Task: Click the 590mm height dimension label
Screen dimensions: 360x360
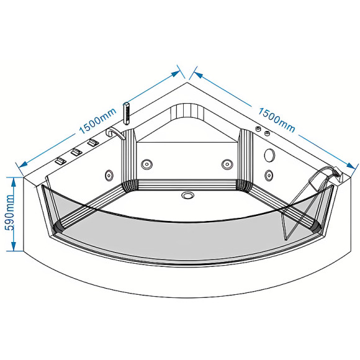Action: (11, 212)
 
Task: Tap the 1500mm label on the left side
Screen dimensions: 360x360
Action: (97, 121)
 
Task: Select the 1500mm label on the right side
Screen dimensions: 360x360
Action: (276, 120)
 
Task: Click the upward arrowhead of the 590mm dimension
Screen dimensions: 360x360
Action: (14, 182)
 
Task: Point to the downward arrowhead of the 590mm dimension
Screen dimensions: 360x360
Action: (14, 245)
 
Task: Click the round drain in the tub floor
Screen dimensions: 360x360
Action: (187, 196)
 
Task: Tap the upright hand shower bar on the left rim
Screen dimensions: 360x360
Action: (126, 114)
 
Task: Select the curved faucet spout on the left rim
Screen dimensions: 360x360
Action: (114, 133)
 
